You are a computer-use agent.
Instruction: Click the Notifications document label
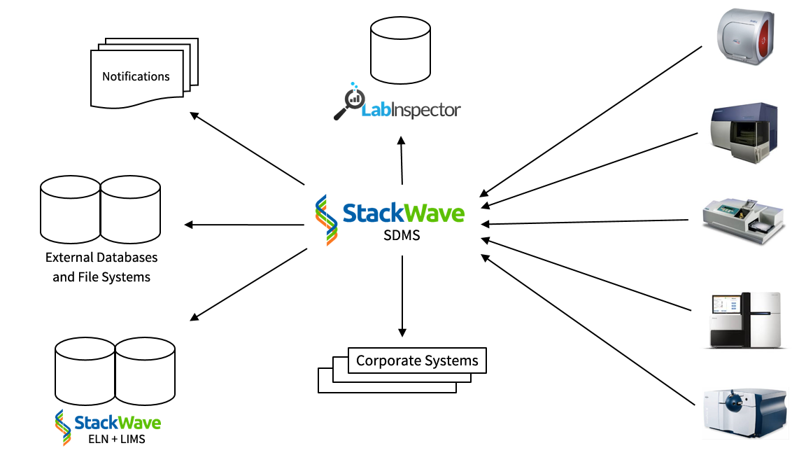(x=136, y=76)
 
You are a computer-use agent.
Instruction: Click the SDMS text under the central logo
(x=402, y=235)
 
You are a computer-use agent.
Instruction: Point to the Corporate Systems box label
(x=417, y=360)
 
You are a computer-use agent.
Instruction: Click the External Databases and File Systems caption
(x=101, y=267)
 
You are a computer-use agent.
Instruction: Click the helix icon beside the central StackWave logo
(x=325, y=219)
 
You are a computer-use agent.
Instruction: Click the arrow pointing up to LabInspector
(x=402, y=160)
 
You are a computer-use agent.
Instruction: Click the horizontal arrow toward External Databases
(x=244, y=225)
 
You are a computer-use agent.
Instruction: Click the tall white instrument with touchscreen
(x=745, y=320)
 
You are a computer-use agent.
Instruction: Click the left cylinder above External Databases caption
(x=71, y=209)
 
